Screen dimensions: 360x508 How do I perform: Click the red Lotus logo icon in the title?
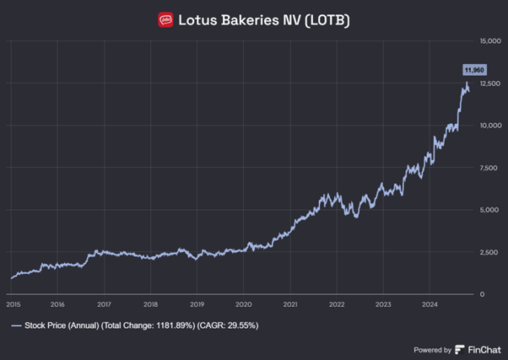click(x=166, y=19)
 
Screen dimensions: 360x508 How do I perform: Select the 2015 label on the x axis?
click(x=13, y=304)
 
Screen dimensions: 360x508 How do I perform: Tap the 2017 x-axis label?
click(x=105, y=304)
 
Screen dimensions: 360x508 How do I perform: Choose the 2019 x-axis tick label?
click(x=197, y=304)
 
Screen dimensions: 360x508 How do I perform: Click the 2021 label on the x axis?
click(x=289, y=304)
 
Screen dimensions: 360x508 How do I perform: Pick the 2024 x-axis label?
click(x=429, y=304)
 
